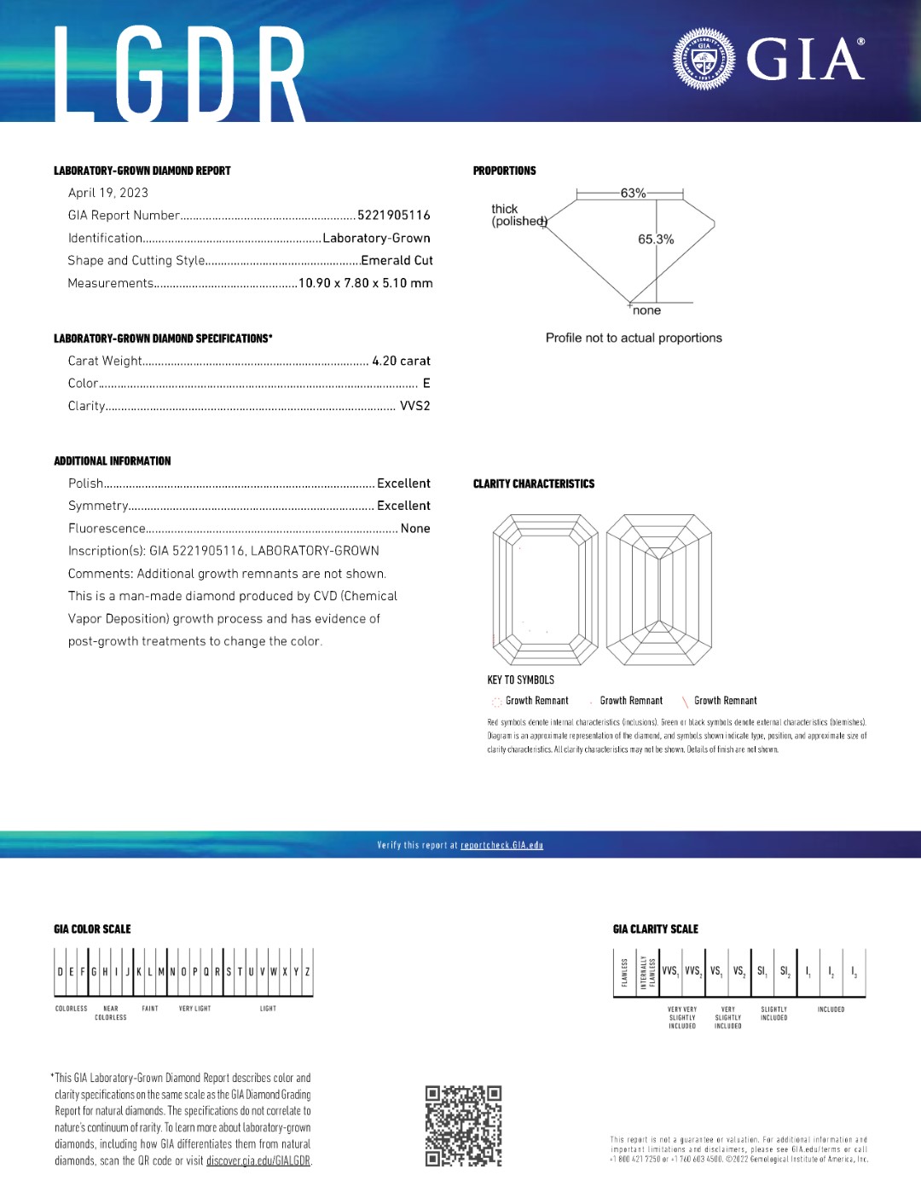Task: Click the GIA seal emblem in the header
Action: pyautogui.click(x=704, y=59)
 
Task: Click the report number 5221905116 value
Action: pyautogui.click(x=394, y=216)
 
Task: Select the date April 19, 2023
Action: pyautogui.click(x=108, y=193)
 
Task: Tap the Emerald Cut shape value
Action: pyautogui.click(x=397, y=261)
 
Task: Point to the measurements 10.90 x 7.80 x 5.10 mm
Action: pyautogui.click(x=366, y=283)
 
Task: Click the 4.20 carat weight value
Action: pyautogui.click(x=401, y=362)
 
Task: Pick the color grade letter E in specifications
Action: pyautogui.click(x=426, y=384)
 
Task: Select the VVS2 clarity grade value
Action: pyautogui.click(x=415, y=407)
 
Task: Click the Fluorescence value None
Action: pyautogui.click(x=415, y=529)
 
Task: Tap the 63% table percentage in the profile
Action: pyautogui.click(x=633, y=194)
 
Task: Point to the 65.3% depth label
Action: pyautogui.click(x=656, y=240)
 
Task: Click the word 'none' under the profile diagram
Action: pyautogui.click(x=646, y=311)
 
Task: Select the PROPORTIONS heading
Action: pyautogui.click(x=505, y=171)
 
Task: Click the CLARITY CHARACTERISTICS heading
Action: pyautogui.click(x=534, y=484)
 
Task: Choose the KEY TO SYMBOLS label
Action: pyautogui.click(x=520, y=680)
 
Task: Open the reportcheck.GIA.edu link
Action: pyautogui.click(x=501, y=846)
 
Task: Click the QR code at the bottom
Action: pyautogui.click(x=463, y=1126)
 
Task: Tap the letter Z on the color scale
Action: pyautogui.click(x=307, y=972)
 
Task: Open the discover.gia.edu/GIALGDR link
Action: pyautogui.click(x=258, y=1161)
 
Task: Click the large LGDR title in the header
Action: pyautogui.click(x=180, y=74)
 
